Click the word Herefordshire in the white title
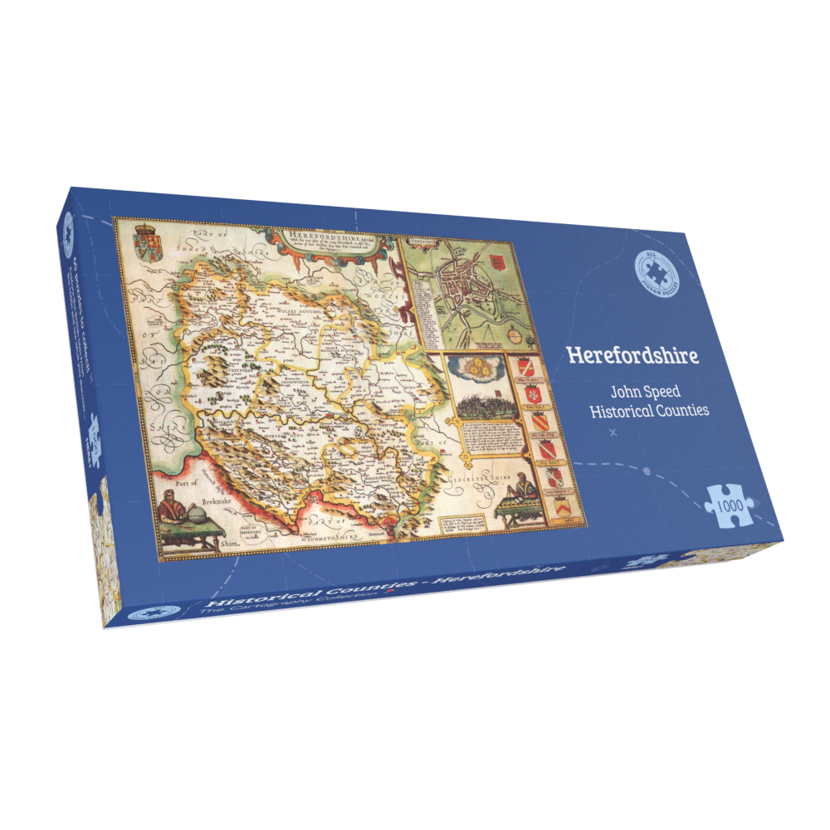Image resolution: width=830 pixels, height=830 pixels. click(632, 354)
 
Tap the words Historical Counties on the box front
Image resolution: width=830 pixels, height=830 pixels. click(649, 411)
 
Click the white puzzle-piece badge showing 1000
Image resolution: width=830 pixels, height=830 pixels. click(730, 504)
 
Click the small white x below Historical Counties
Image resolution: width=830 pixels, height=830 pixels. click(613, 433)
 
